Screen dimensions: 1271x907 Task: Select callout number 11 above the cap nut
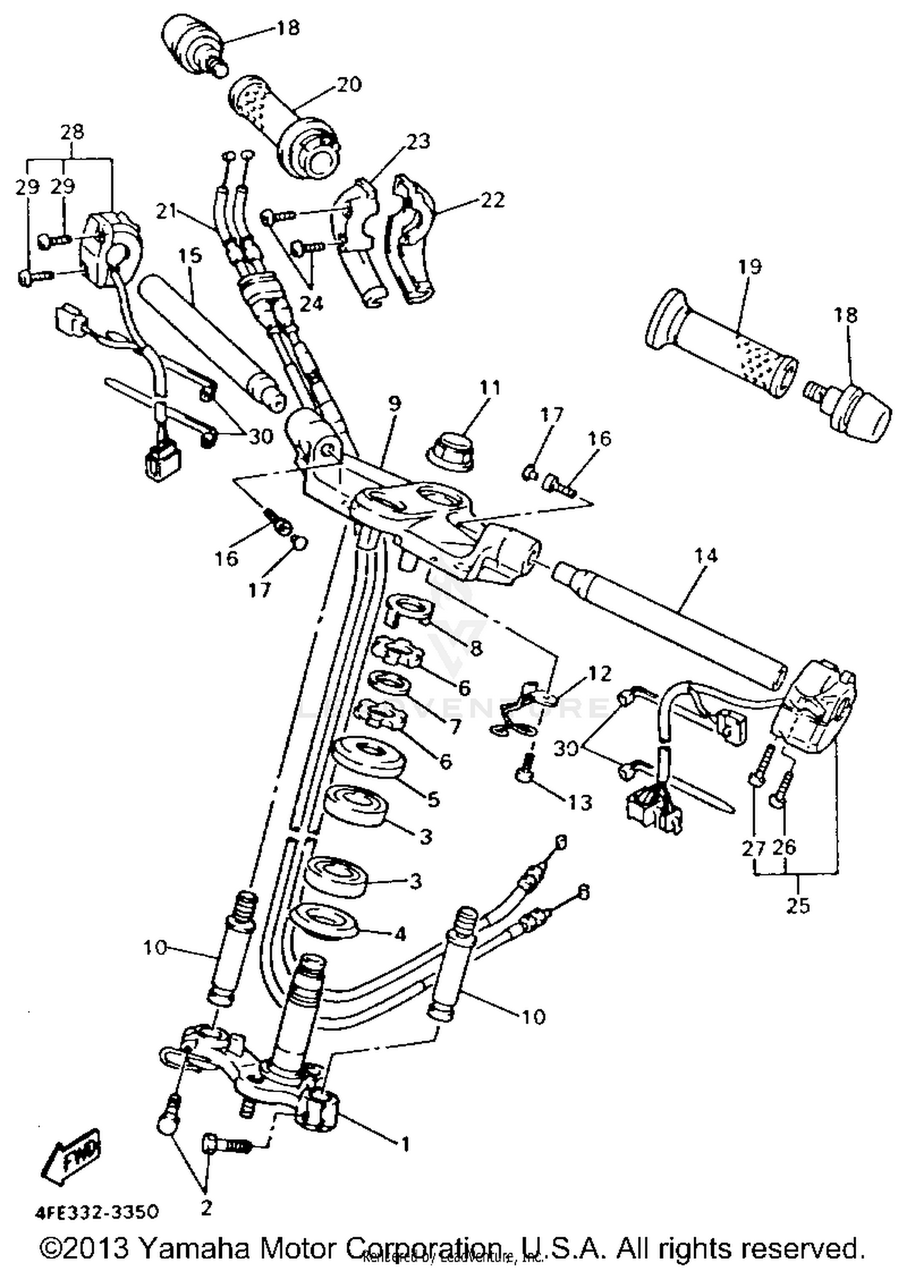click(x=490, y=388)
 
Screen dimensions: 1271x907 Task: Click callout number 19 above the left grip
click(x=749, y=267)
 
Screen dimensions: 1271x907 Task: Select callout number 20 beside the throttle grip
click(x=348, y=84)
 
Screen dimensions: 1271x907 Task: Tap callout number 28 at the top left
click(x=72, y=132)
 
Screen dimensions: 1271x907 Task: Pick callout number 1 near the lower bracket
click(x=406, y=1143)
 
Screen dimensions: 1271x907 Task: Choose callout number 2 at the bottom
click(x=206, y=1208)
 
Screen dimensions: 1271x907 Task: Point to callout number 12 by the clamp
click(x=599, y=673)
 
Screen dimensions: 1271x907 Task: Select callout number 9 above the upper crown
click(x=394, y=404)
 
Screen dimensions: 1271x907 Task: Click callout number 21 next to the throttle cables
click(x=166, y=211)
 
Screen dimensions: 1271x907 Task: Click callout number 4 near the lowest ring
click(x=400, y=934)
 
